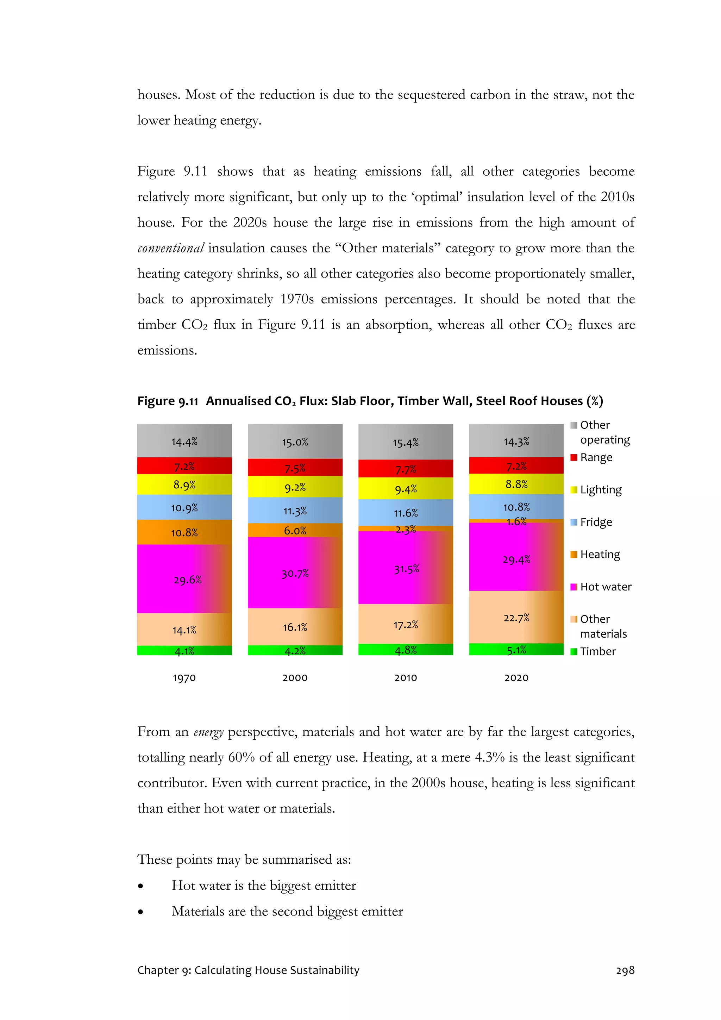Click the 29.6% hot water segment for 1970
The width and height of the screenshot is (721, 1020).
click(184, 579)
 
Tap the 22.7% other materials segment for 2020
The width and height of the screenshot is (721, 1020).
click(516, 617)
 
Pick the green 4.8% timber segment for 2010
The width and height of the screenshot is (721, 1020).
click(406, 650)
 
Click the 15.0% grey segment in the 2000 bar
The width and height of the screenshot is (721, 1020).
click(295, 442)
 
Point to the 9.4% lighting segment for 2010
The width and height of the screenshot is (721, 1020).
click(406, 489)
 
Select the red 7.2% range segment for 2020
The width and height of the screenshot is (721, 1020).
click(516, 465)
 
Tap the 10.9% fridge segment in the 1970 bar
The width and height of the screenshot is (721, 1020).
click(184, 507)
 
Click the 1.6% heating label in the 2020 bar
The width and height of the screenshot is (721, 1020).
click(516, 521)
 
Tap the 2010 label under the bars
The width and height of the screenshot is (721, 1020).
click(406, 677)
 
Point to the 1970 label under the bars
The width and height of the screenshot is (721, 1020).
click(184, 677)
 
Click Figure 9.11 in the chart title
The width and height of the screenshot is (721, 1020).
click(168, 401)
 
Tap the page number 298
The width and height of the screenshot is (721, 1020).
click(625, 970)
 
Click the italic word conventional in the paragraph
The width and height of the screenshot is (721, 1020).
click(171, 248)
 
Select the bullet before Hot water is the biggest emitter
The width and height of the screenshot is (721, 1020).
click(141, 886)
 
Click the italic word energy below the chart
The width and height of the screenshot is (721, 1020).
click(208, 732)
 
